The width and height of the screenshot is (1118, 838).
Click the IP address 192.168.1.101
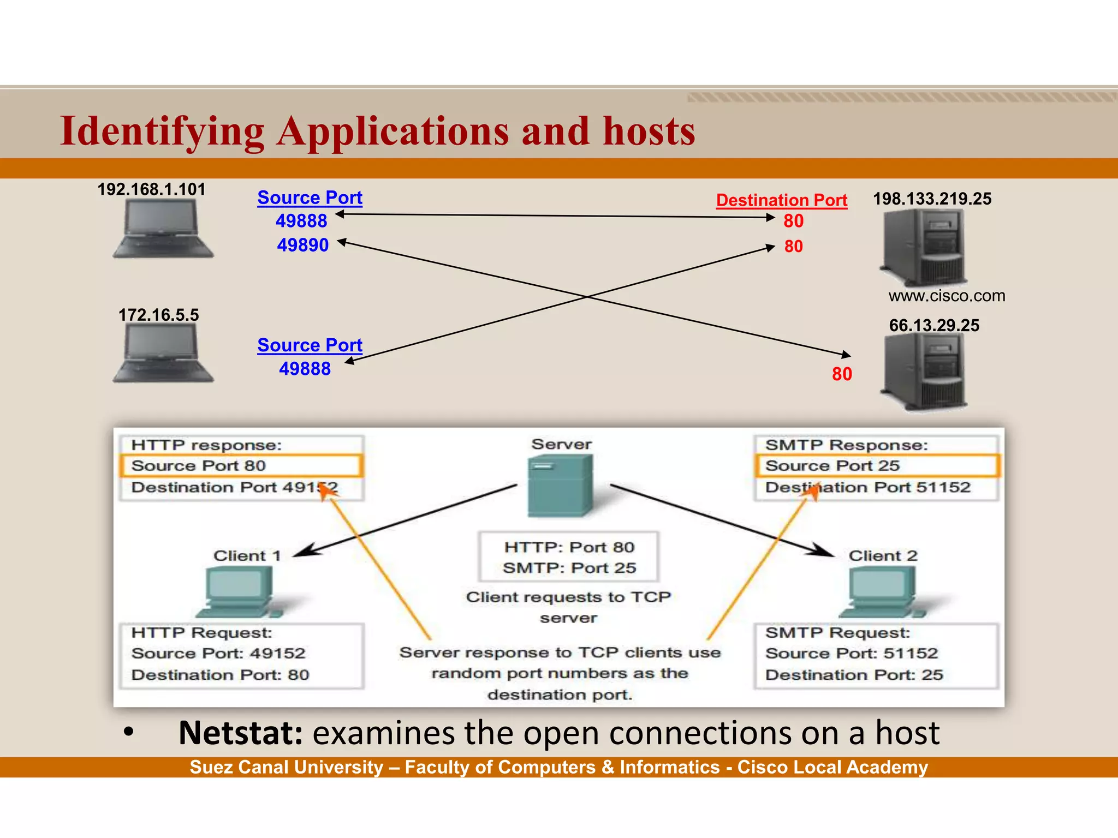click(151, 189)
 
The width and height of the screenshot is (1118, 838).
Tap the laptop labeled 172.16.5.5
click(162, 353)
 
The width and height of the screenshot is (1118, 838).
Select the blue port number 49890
click(302, 245)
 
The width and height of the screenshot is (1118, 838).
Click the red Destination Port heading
click(781, 200)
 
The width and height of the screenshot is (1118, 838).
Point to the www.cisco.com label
click(947, 296)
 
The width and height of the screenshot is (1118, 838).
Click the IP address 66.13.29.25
click(934, 325)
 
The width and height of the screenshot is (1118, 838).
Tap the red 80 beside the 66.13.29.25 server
click(842, 374)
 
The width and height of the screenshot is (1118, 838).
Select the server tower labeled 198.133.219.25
click(924, 248)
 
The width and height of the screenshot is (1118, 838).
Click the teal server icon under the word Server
click(560, 486)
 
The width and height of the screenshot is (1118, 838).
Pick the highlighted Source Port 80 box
click(240, 466)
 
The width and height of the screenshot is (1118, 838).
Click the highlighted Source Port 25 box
click(876, 466)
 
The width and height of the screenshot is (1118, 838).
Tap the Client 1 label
click(247, 556)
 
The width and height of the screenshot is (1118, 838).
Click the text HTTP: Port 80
click(569, 547)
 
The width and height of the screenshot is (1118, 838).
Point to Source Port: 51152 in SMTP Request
click(851, 653)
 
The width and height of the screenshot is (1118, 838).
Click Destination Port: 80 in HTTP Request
click(220, 675)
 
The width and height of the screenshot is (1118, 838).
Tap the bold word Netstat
click(240, 733)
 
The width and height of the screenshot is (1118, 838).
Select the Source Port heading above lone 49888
click(310, 345)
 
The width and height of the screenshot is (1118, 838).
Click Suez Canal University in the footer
click(286, 767)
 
